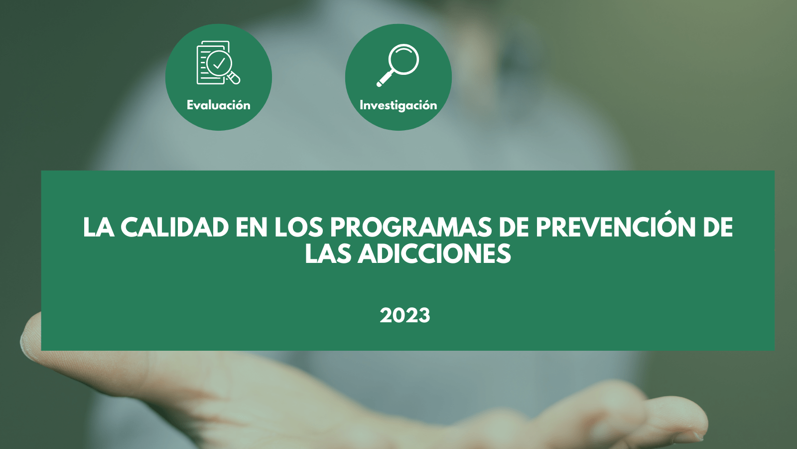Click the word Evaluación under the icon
coord(219,105)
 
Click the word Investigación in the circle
coord(398,105)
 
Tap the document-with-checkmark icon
coord(219,63)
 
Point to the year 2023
coord(405,316)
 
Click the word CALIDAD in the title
coord(175,227)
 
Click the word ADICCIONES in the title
coord(434,254)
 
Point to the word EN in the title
coord(251,227)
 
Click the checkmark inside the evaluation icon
coord(219,63)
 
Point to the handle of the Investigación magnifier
coord(385,79)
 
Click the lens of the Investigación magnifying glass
coord(404,59)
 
